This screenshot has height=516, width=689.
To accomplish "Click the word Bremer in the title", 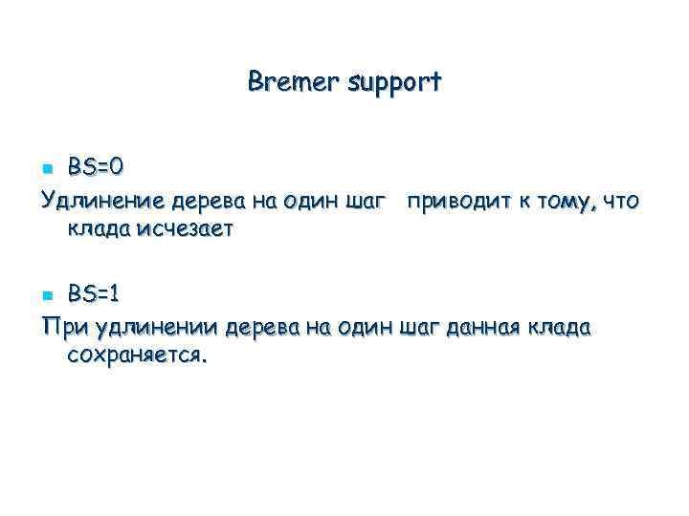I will tap(287, 82).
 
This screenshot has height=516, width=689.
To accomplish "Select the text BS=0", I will tap(96, 166).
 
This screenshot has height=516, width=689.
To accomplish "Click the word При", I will tap(63, 328).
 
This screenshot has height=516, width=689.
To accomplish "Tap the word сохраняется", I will tap(136, 356).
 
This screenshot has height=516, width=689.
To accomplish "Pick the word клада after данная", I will tap(558, 328).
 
